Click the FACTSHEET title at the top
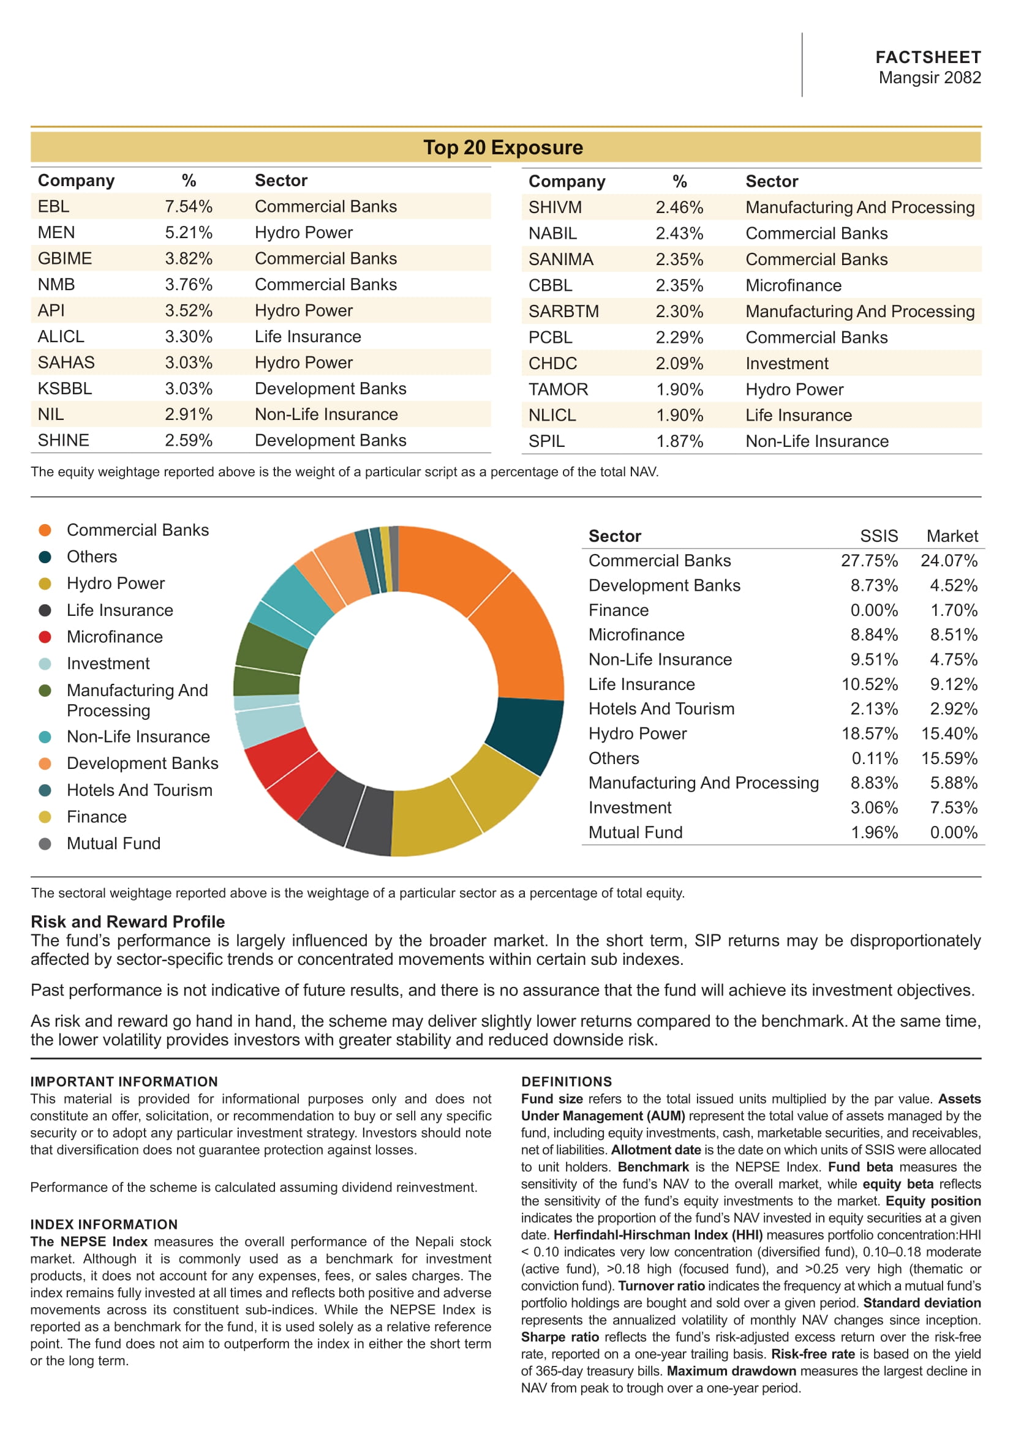(927, 58)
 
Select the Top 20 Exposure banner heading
(503, 148)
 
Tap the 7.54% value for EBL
(189, 206)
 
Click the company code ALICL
(61, 337)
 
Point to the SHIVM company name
(554, 207)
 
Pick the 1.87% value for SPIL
(679, 441)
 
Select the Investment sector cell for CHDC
(786, 364)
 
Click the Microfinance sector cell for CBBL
(793, 286)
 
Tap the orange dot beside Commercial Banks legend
(45, 530)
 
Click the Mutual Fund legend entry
(113, 844)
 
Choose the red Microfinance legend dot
(45, 637)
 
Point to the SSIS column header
(878, 536)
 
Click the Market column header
(952, 536)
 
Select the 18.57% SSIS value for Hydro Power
(870, 734)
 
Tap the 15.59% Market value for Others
(949, 759)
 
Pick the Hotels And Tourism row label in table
(661, 709)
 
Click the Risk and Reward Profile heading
(127, 922)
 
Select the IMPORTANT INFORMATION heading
(124, 1082)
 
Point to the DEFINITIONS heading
(567, 1082)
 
